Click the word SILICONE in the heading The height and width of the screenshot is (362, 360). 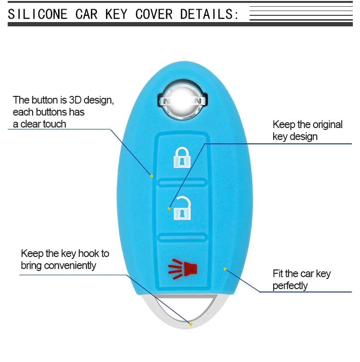37,14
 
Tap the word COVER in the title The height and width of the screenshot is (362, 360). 154,14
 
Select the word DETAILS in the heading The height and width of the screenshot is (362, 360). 206,14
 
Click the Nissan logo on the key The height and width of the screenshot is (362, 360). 182,101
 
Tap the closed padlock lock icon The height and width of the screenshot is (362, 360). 182,157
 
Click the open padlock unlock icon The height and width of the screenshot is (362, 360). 182,208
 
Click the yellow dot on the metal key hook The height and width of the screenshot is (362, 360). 191,325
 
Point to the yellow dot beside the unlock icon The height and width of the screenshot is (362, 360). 169,209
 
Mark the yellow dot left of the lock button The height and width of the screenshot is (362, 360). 152,176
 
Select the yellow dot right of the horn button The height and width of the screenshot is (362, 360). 225,269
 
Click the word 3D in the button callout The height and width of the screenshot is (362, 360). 75,100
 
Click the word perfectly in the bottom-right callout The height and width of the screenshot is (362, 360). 290,286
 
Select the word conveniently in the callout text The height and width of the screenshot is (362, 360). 70,266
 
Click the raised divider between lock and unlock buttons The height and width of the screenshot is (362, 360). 182,183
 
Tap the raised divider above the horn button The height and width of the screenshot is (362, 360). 182,237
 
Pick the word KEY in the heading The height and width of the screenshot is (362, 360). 116,14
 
